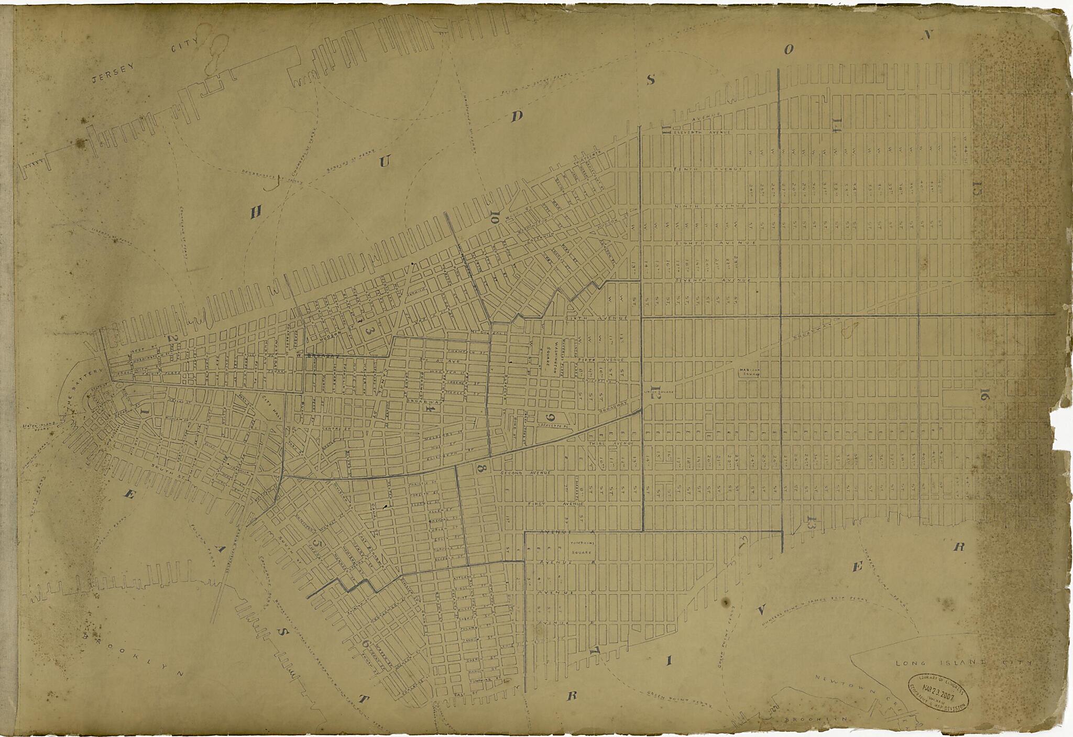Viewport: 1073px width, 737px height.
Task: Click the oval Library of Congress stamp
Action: click(938, 691)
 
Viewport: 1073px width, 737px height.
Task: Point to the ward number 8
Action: click(480, 469)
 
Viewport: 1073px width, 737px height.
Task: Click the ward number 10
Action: click(494, 216)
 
